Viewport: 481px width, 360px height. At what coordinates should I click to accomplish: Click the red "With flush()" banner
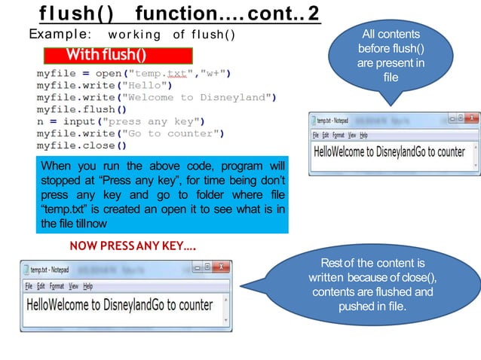(118, 56)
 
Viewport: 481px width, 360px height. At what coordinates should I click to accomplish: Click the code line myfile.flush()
(81, 109)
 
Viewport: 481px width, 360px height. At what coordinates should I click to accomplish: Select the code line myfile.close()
(81, 145)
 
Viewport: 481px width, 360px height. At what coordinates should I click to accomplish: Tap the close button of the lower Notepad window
(221, 267)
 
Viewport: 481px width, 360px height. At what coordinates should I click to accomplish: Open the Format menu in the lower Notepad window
(57, 286)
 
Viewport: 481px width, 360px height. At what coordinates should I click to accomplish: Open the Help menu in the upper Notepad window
(363, 135)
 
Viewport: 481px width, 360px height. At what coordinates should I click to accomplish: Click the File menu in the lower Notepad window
(29, 286)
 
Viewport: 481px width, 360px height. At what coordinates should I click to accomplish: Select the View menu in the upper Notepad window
(352, 135)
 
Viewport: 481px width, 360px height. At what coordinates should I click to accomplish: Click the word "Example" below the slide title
(59, 35)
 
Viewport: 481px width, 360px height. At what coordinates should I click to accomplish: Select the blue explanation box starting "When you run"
(162, 195)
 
